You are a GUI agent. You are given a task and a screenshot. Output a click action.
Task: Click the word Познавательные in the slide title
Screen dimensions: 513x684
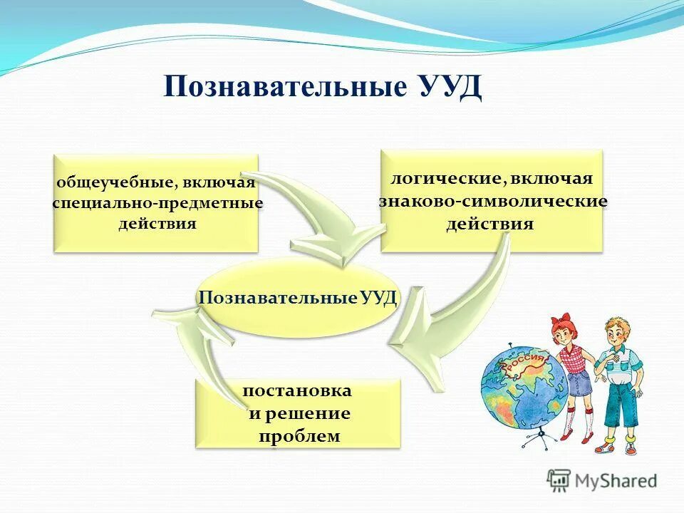point(285,88)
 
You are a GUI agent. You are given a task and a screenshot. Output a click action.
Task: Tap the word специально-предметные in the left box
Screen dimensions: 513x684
point(157,203)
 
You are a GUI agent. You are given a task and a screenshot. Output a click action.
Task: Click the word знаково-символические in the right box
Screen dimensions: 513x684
point(492,201)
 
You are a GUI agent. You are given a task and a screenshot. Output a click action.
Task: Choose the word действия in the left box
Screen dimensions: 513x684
point(157,224)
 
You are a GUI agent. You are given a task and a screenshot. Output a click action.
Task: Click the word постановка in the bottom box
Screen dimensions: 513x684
point(297,391)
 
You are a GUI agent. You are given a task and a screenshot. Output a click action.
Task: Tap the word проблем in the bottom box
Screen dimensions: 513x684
point(299,435)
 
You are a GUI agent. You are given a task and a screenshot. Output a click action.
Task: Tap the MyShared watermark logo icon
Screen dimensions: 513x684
point(559,480)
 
